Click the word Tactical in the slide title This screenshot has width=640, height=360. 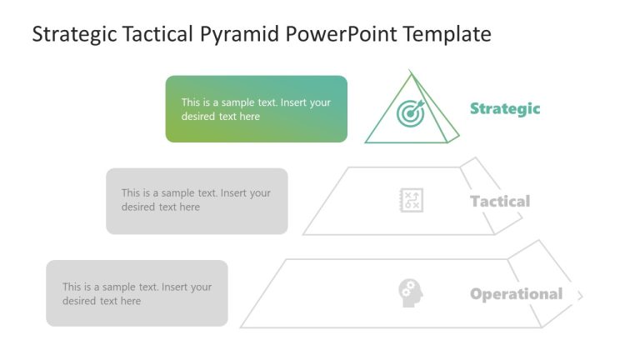tap(157, 34)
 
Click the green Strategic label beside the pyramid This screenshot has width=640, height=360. tap(505, 108)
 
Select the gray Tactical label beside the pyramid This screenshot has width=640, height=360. tap(500, 201)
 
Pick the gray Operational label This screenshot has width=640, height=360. tap(516, 294)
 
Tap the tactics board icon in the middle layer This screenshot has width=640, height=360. tap(411, 200)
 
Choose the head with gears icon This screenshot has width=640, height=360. tap(410, 292)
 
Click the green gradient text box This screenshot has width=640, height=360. tap(256, 109)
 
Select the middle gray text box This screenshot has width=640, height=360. tap(197, 201)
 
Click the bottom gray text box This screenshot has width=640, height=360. tap(137, 292)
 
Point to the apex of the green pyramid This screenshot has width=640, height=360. tap(409, 72)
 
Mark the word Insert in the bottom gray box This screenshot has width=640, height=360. tap(177, 287)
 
